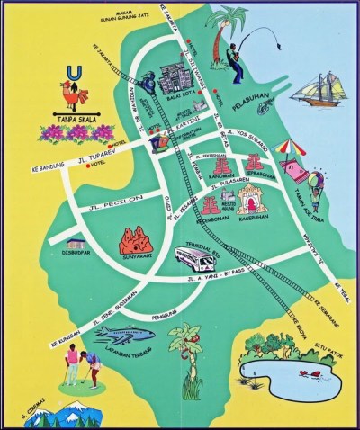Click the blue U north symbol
71,71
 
